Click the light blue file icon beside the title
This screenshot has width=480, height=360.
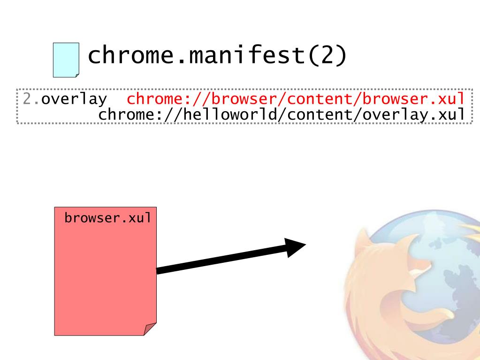pyautogui.click(x=65, y=60)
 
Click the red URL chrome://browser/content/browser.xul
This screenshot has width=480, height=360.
pyautogui.click(x=298, y=100)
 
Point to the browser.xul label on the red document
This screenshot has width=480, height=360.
pyautogui.click(x=107, y=218)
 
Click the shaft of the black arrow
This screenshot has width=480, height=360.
pyautogui.click(x=221, y=260)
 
